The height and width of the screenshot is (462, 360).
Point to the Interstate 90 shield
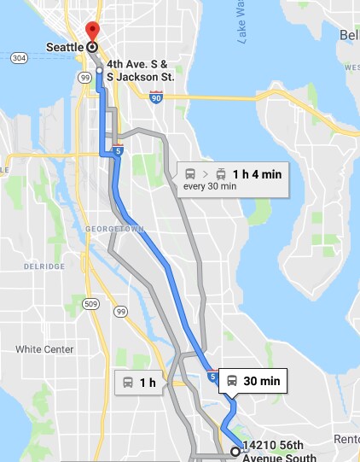click(155, 97)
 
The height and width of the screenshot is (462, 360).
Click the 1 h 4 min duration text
click(256, 174)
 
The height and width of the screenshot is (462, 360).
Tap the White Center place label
click(42, 348)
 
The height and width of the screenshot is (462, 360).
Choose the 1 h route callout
click(138, 383)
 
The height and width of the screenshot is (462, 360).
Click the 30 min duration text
click(262, 381)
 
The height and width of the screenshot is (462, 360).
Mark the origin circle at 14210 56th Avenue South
click(235, 451)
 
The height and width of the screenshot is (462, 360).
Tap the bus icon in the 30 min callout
click(232, 381)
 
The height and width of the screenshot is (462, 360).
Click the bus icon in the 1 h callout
click(127, 383)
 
